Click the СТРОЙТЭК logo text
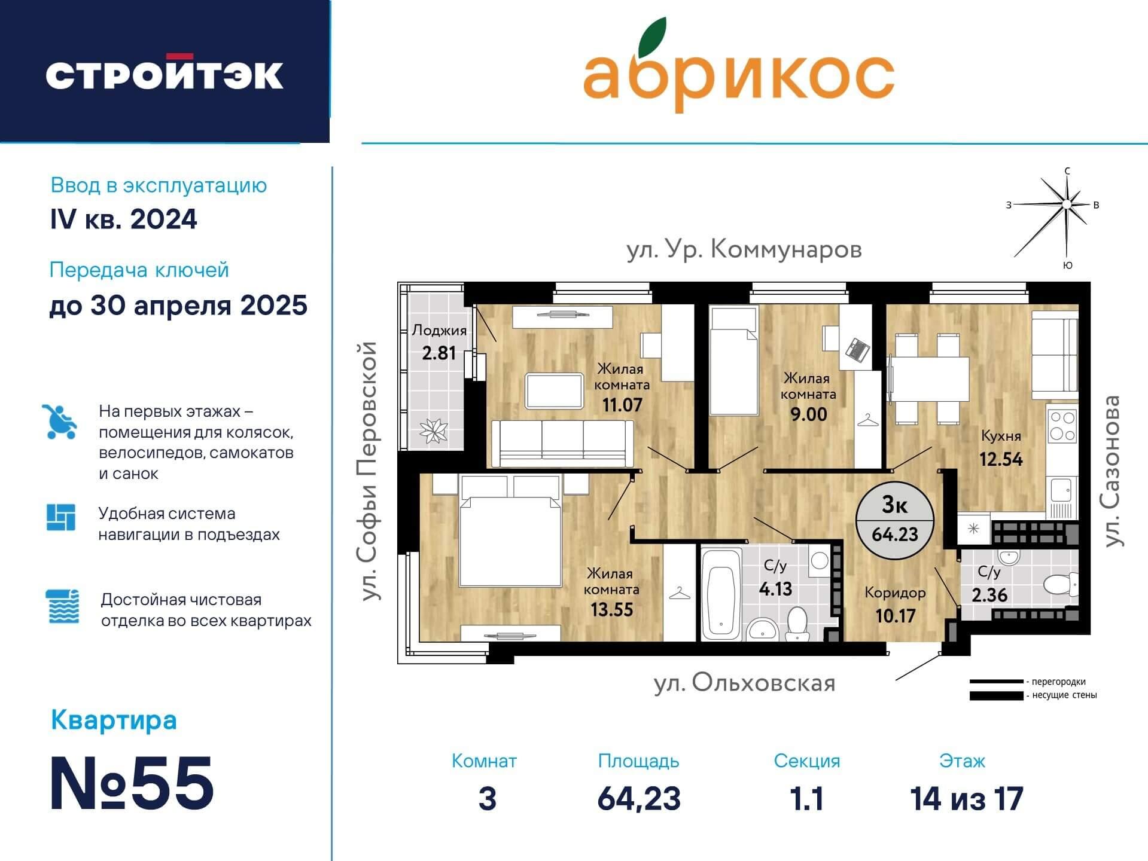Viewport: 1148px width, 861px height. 165,74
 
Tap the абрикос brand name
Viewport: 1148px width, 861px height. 738,74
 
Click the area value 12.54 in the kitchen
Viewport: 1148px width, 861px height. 1000,459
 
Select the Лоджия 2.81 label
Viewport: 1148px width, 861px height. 439,342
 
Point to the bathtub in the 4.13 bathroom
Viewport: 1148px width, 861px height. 721,594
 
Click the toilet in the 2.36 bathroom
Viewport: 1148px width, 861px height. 1060,585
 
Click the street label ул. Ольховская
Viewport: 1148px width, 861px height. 744,683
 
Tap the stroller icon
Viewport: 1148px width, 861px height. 60,422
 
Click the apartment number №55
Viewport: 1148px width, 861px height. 132,783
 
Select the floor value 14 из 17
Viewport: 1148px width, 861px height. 966,799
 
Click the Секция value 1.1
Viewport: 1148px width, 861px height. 806,799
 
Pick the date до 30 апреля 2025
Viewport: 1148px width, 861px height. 178,306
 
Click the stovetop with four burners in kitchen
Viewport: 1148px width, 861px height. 1062,426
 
